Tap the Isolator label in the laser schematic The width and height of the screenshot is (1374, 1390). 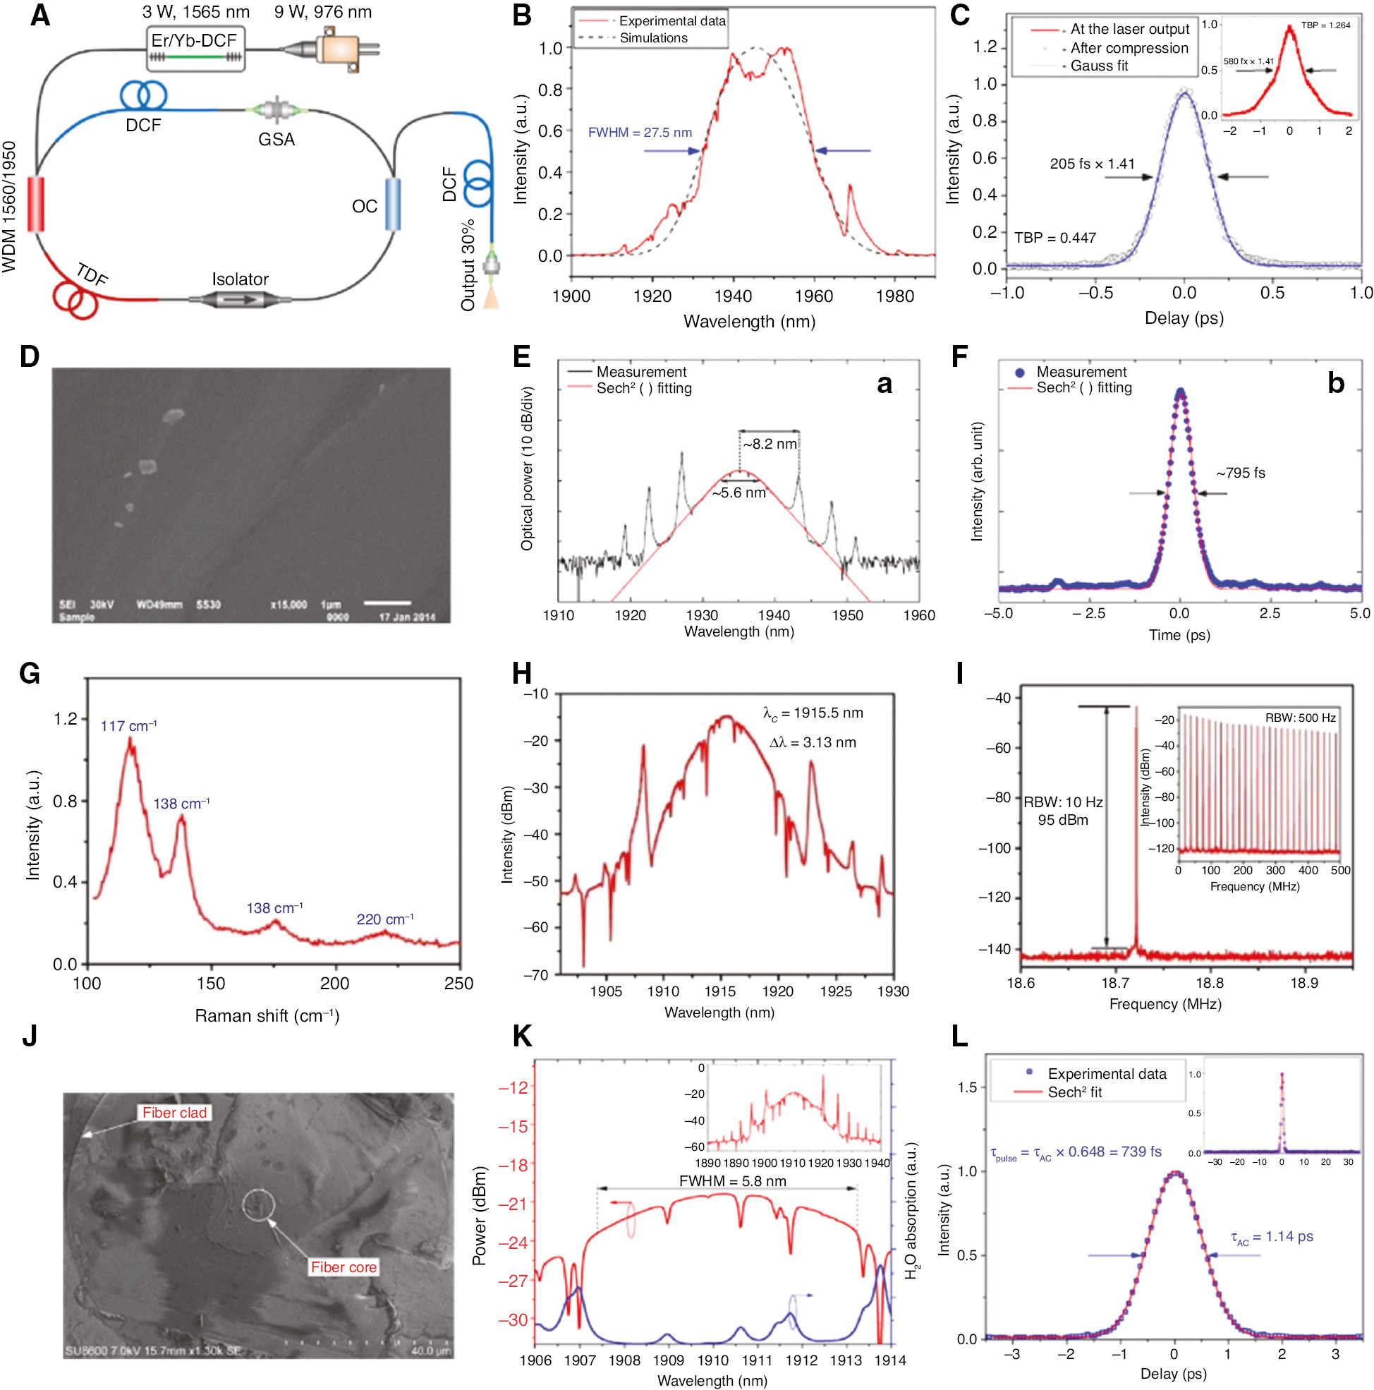tap(240, 279)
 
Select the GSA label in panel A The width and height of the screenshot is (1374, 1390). tap(276, 139)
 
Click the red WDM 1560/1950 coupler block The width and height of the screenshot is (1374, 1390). tap(35, 204)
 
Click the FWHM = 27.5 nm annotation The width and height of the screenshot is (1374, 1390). tap(639, 133)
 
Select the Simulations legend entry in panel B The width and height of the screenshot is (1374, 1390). tap(652, 38)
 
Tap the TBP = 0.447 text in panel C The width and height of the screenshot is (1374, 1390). tap(1054, 237)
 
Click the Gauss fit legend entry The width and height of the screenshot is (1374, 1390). tap(1098, 66)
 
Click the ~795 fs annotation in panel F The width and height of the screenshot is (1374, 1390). tap(1239, 473)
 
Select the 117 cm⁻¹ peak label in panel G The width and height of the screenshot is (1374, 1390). tap(128, 726)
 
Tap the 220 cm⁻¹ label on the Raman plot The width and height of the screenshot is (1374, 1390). tap(385, 919)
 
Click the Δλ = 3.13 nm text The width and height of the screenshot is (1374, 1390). tap(812, 742)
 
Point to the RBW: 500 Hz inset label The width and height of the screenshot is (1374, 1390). tap(1299, 718)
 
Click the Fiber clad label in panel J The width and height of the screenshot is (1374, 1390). tap(174, 1112)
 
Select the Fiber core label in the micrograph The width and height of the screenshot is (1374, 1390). tap(343, 1267)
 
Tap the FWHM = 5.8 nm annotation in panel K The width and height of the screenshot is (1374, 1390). tap(731, 1180)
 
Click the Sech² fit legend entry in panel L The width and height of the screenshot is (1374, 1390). tap(1074, 1092)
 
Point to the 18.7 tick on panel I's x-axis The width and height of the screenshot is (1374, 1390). tap(1115, 983)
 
